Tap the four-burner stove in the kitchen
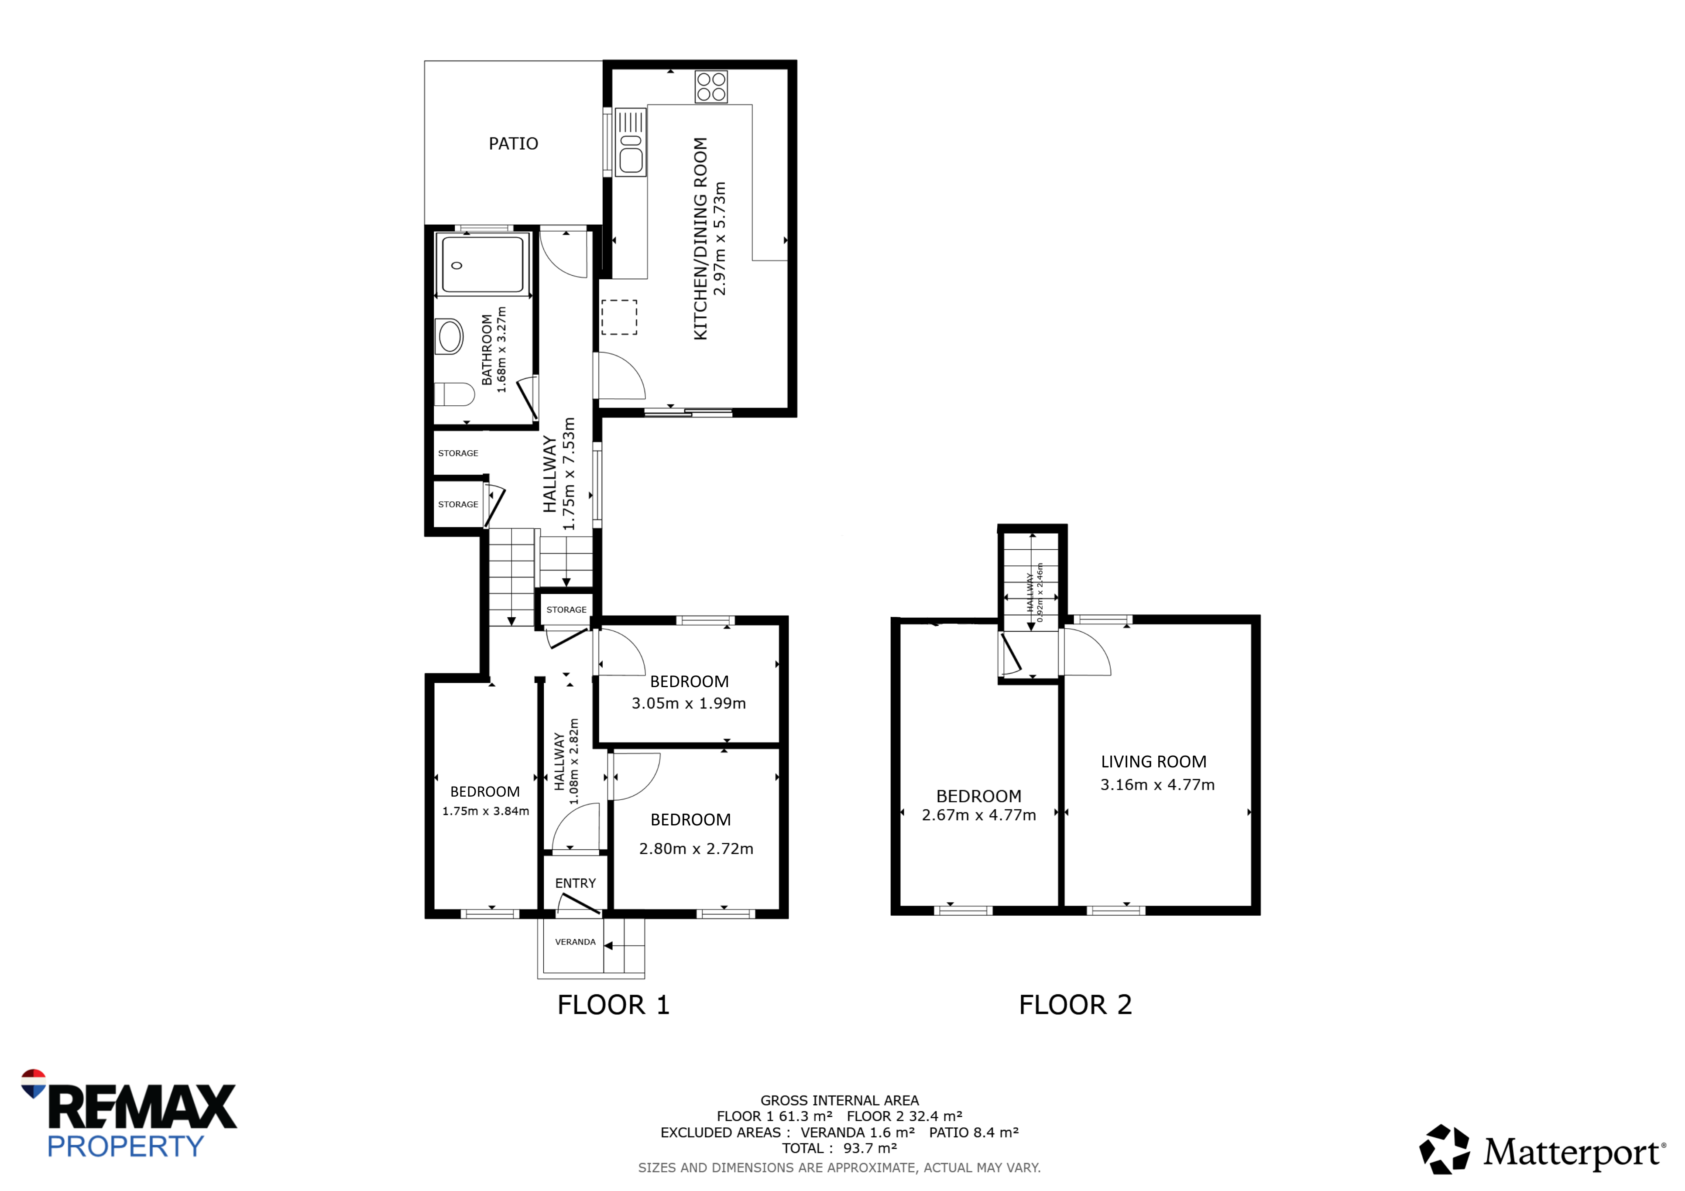click(711, 86)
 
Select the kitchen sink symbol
click(631, 142)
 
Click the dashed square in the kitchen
click(619, 317)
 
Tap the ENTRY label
click(575, 883)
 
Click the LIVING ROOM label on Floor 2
click(1154, 762)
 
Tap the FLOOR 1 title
click(614, 1005)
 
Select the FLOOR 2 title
click(1075, 1005)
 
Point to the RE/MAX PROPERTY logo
click(128, 1113)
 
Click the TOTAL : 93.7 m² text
click(840, 1148)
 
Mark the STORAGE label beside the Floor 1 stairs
click(566, 610)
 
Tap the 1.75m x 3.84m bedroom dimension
click(485, 811)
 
